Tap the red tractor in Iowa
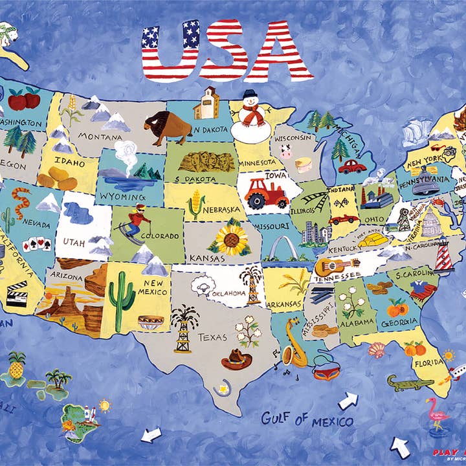(x=266, y=192)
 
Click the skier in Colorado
(x=137, y=221)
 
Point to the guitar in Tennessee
(x=336, y=265)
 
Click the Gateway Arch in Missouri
(x=281, y=249)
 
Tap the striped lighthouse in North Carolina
(x=443, y=256)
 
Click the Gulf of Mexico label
(x=307, y=419)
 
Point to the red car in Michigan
(x=352, y=166)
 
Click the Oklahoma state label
(x=227, y=293)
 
